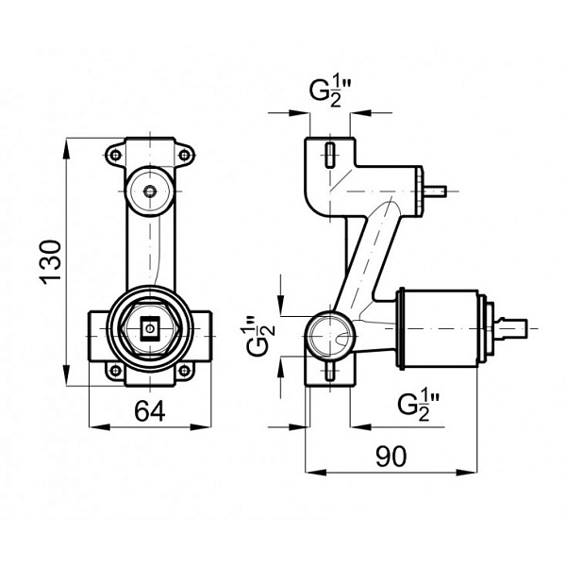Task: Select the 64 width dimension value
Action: [148, 412]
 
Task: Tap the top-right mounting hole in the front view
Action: [184, 154]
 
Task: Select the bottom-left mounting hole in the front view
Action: [115, 370]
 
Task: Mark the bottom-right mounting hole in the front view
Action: [184, 370]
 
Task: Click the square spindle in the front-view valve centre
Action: [149, 329]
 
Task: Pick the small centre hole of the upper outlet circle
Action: [150, 191]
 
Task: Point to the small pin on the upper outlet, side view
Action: [434, 191]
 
